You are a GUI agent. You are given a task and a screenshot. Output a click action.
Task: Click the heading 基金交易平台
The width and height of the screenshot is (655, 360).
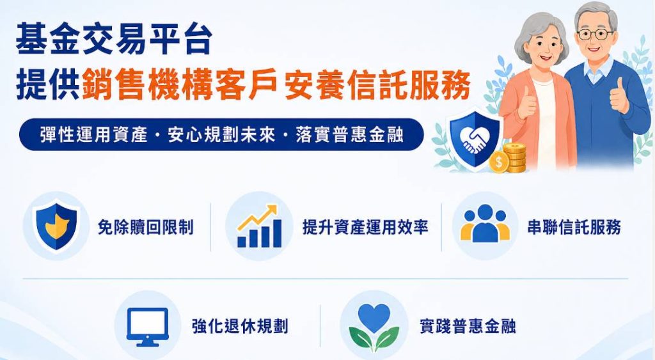coord(114,39)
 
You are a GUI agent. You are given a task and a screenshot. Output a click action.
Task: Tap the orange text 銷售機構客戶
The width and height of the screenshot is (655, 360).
coord(180,85)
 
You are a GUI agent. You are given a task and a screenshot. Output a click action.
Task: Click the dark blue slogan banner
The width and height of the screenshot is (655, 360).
coord(221,134)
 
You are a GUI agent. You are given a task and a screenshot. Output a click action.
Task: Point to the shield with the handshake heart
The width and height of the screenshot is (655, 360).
coord(475,138)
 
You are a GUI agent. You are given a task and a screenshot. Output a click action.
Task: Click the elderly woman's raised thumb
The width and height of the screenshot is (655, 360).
coord(526,102)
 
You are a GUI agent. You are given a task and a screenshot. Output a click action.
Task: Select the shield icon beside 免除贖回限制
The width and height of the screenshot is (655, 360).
coord(56,226)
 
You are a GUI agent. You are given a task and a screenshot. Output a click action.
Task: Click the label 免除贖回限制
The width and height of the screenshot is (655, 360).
coord(145,227)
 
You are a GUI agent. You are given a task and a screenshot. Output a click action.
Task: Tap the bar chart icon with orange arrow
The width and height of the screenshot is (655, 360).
coord(259,226)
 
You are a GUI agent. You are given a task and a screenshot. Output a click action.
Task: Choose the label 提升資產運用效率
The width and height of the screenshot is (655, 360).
coord(365,227)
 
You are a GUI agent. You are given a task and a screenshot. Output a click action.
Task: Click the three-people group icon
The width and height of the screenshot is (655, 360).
coord(485,223)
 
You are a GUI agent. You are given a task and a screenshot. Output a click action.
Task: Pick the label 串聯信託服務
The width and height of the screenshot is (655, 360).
coord(574,227)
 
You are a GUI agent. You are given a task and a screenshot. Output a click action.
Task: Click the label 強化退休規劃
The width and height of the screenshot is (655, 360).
coord(241,326)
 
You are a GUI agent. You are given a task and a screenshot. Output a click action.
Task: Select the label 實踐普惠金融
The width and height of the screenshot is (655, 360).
coord(468,326)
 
